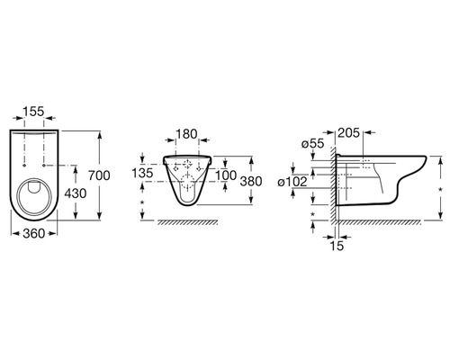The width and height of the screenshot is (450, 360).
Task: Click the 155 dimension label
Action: [33, 112]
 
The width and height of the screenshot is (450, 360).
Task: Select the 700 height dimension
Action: [99, 175]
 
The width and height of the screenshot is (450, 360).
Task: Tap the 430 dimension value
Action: [76, 193]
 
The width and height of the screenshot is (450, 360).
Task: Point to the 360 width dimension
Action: [34, 233]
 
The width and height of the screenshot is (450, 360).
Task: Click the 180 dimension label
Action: [186, 134]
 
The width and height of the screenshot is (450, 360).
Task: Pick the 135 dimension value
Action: [143, 173]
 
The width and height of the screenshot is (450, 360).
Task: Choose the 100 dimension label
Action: [226, 175]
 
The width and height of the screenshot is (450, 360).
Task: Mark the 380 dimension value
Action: [251, 181]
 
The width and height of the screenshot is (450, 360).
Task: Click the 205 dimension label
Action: [348, 133]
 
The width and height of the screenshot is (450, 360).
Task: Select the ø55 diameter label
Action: [313, 144]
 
